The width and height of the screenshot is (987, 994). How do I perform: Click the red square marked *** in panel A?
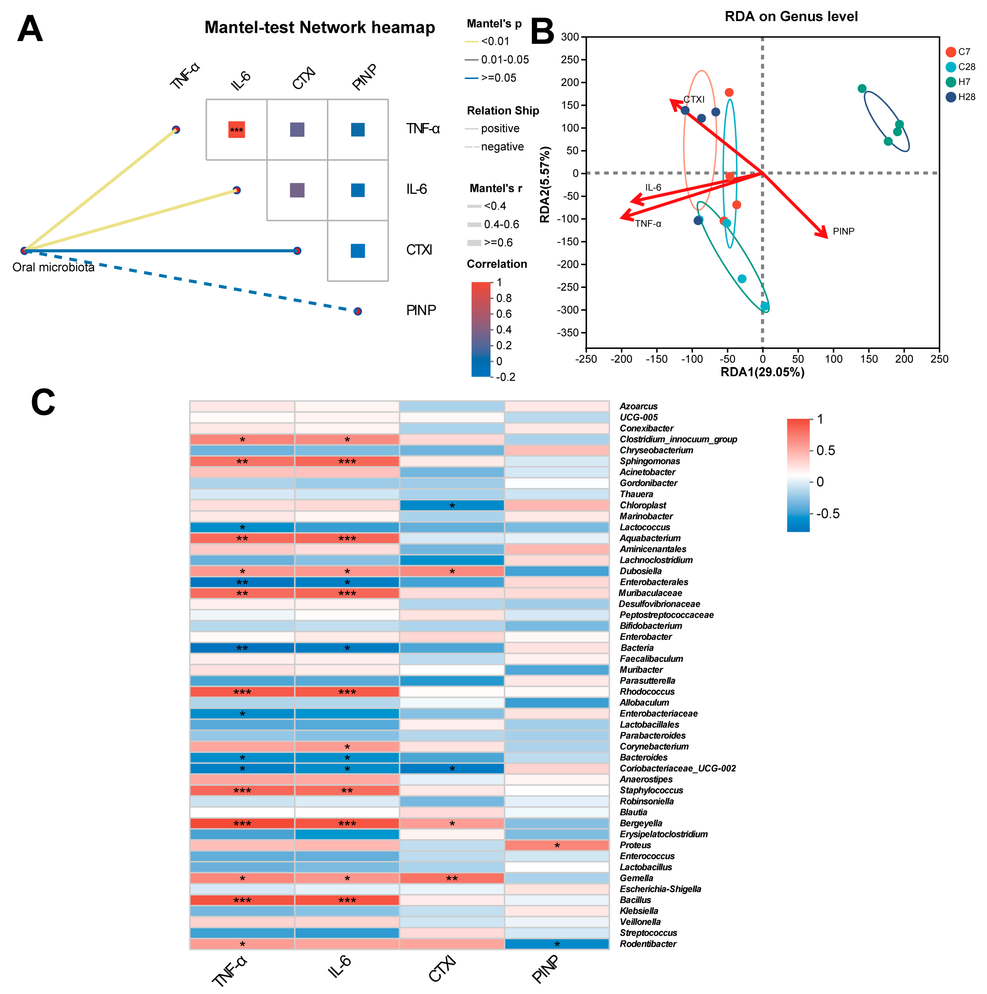(236, 130)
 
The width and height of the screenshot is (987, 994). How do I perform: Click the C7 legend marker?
(951, 52)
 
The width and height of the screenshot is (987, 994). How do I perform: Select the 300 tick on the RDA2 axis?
(570, 37)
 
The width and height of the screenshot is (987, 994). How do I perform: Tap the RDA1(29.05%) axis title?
(762, 372)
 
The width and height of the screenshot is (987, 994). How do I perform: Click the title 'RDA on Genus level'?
(791, 17)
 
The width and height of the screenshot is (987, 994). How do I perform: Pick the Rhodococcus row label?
(647, 692)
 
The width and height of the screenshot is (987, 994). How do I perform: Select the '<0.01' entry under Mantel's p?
(495, 41)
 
